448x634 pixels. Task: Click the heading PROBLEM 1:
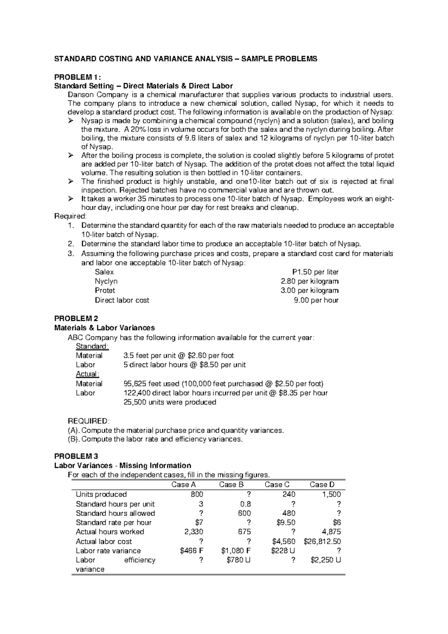pos(78,77)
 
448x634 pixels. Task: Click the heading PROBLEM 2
pos(76,318)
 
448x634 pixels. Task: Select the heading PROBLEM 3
pos(76,456)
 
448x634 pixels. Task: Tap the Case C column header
pos(277,485)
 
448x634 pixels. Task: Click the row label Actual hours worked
pos(110,532)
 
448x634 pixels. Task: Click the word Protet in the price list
pos(105,290)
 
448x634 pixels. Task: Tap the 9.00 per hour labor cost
pos(316,300)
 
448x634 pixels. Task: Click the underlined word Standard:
pos(92,346)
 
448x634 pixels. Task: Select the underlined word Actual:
pos(87,374)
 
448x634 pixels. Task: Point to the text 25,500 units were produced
pos(169,402)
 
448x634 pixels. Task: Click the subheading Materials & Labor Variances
pos(105,328)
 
